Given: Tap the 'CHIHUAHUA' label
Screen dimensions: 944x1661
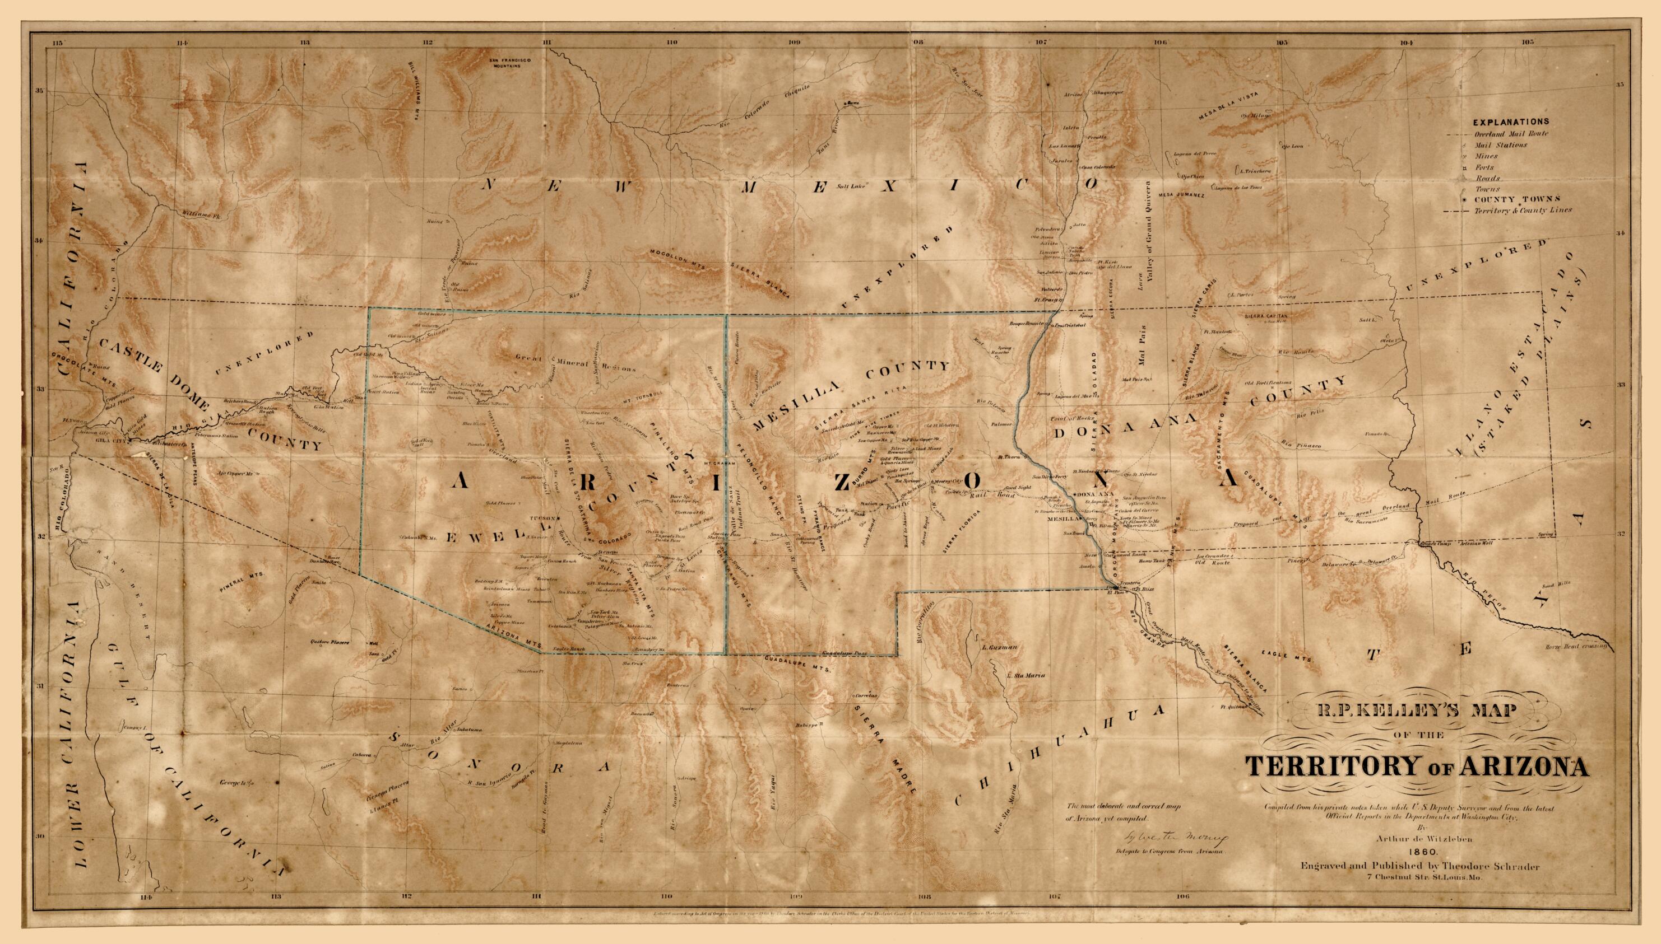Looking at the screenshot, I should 1048,760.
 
